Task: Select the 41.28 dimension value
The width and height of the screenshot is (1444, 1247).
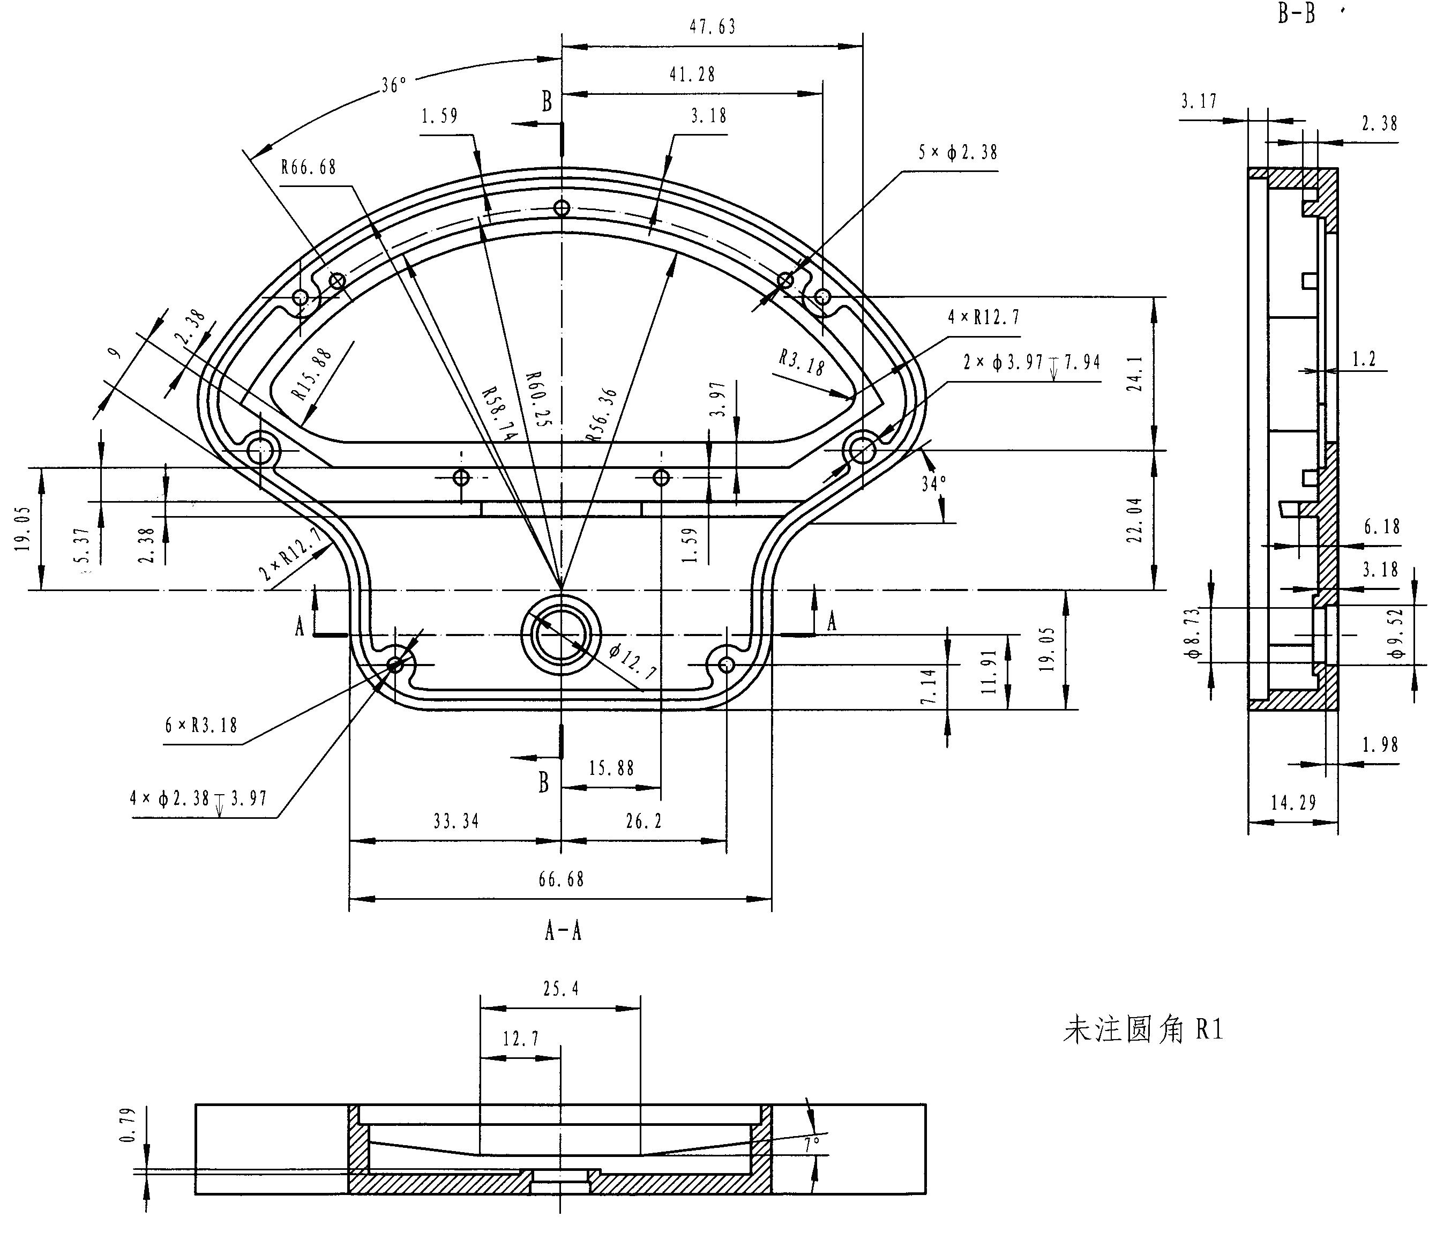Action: coord(692,74)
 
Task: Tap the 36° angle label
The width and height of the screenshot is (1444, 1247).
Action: coord(394,85)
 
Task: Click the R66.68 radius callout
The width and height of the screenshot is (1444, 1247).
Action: coord(309,167)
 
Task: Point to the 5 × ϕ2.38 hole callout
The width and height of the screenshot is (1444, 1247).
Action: coord(957,153)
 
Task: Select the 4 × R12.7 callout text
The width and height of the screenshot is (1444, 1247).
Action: coord(983,318)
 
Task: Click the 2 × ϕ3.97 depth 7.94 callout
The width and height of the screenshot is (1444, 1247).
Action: coord(1031,362)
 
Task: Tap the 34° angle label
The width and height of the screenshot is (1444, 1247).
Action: coord(934,483)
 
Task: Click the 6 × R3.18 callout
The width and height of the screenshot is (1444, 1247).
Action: coord(201,726)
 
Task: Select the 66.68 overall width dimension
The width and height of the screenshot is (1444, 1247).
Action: coord(561,880)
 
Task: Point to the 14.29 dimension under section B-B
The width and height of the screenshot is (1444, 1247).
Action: coord(1293,803)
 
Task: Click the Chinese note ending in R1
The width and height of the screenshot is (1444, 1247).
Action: coord(1143,1030)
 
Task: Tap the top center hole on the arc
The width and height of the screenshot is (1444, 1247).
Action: coord(562,208)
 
